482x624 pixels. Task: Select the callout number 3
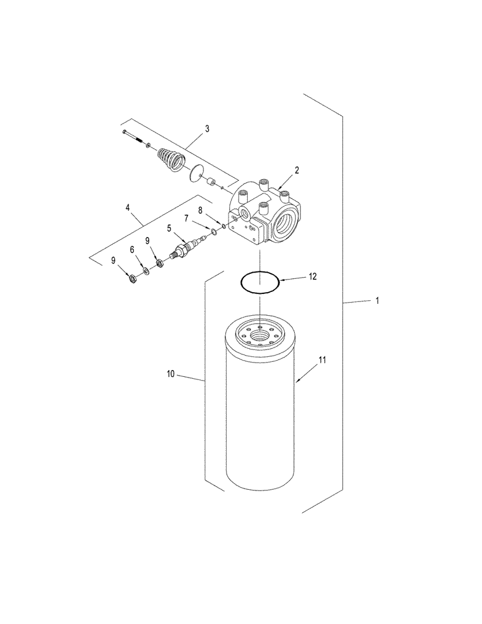[x=207, y=129]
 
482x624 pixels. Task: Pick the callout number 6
[x=132, y=249]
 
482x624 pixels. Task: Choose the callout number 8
[x=200, y=210]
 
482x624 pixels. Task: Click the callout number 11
[x=322, y=360]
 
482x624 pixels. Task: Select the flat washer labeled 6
[x=145, y=270]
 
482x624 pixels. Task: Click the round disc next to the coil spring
[x=197, y=172]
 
